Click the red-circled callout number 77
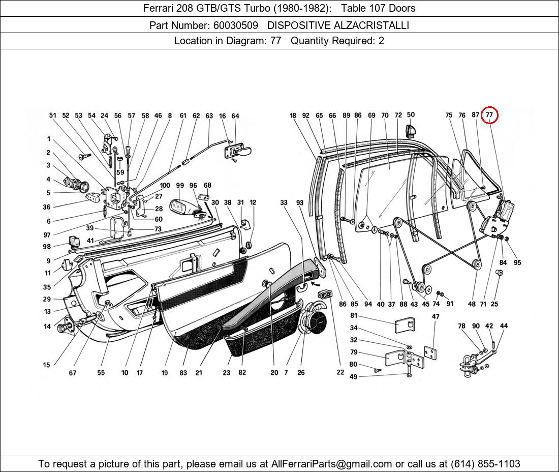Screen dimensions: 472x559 click(x=489, y=115)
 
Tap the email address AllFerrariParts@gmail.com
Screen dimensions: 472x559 click(x=332, y=463)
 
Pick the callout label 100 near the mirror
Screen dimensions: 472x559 click(x=165, y=186)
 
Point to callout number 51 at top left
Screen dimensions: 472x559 click(x=52, y=115)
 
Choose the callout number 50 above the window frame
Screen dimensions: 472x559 click(x=411, y=115)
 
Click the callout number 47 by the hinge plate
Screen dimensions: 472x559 click(x=436, y=316)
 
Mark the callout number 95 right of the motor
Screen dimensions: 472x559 click(x=517, y=262)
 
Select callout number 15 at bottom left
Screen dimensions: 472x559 click(x=47, y=365)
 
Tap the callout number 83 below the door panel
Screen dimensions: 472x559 click(x=183, y=373)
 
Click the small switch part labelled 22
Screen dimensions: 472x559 click(x=325, y=294)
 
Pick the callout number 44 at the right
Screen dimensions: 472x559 click(x=504, y=326)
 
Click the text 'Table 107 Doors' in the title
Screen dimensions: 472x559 click(x=378, y=8)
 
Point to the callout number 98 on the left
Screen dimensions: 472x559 click(x=47, y=247)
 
